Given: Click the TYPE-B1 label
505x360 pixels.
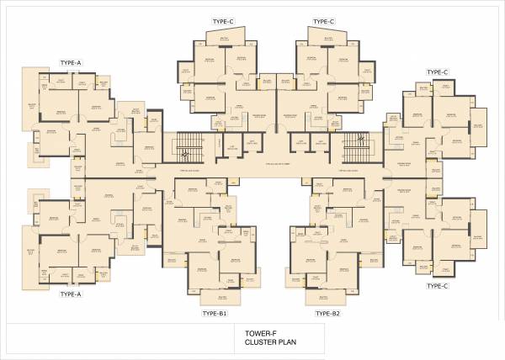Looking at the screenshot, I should [215, 313].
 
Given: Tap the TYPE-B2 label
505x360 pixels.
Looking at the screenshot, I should [327, 313].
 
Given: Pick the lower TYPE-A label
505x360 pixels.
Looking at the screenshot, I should [71, 295].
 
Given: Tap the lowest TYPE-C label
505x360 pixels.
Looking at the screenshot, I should [436, 286].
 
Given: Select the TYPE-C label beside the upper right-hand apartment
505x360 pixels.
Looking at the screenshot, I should [437, 72].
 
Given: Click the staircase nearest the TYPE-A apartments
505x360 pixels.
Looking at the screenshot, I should [184, 150].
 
